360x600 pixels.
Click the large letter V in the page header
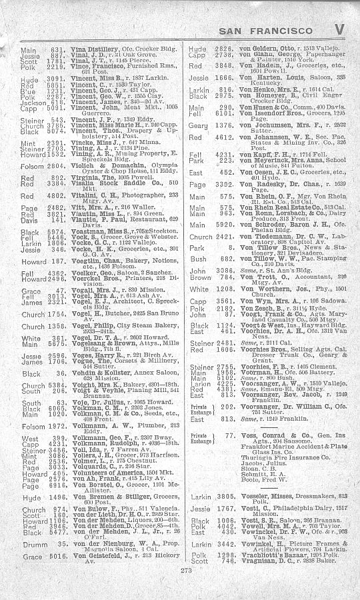coord(340,30)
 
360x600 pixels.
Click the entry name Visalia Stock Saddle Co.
coord(98,201)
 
